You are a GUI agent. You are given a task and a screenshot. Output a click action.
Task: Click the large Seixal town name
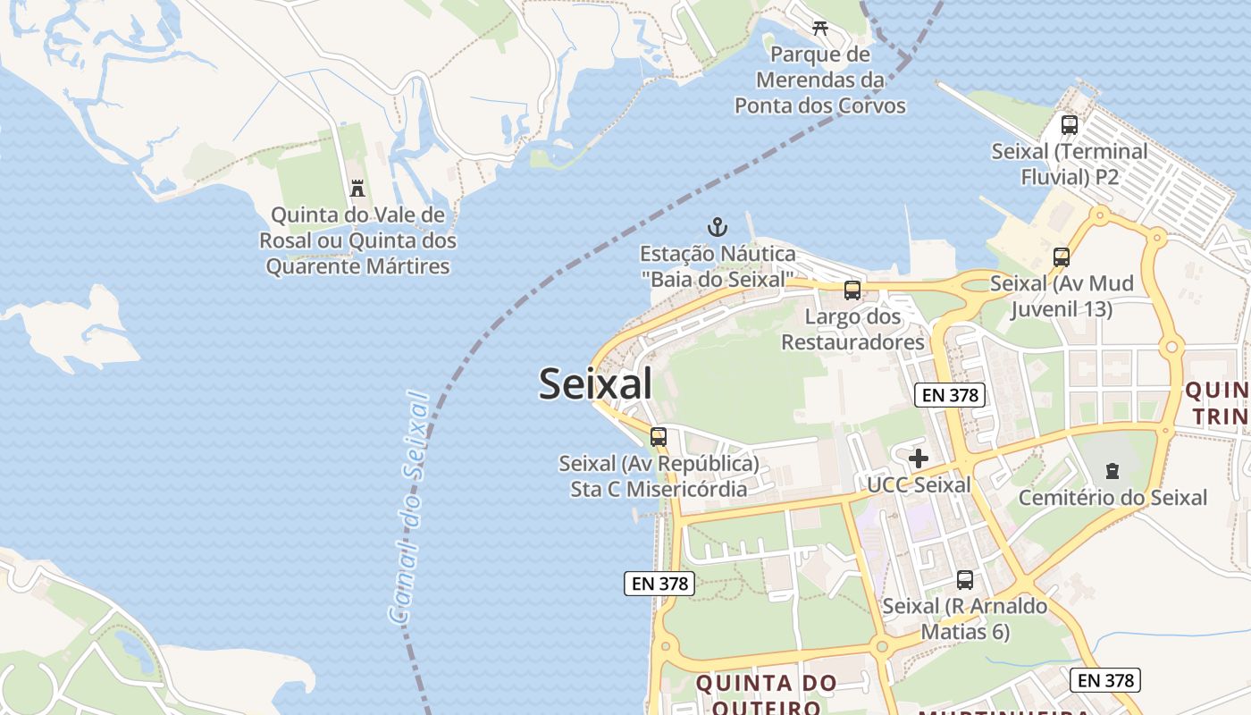(595, 384)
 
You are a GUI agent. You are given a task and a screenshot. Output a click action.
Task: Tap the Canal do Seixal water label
(409, 506)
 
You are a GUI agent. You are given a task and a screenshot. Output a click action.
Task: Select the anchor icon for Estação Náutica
(717, 227)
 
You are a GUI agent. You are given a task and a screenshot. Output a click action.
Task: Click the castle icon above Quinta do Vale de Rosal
(357, 188)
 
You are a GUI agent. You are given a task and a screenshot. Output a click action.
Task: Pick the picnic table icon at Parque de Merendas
(820, 28)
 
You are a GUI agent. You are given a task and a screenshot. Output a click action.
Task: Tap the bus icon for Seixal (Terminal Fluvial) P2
(1070, 125)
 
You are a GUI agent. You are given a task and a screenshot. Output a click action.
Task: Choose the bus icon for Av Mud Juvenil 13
(1061, 257)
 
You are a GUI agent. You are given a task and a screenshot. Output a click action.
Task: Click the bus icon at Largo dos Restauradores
(852, 290)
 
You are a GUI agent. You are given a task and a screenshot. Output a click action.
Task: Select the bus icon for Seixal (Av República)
(659, 437)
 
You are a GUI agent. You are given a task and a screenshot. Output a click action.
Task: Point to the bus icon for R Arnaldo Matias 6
(965, 579)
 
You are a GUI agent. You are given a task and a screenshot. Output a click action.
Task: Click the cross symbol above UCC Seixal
(919, 458)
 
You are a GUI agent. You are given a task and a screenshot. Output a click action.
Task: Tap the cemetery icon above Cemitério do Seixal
(1112, 470)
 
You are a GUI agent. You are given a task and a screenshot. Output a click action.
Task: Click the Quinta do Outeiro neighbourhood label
(766, 694)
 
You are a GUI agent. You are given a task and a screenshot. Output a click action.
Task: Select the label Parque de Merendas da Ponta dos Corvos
(820, 80)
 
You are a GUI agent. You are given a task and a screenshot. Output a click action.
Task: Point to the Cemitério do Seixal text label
(1112, 498)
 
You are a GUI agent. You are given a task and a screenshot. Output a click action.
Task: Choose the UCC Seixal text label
(919, 485)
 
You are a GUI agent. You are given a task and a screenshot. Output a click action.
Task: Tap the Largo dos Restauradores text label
(852, 329)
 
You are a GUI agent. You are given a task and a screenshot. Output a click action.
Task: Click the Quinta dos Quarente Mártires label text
(357, 254)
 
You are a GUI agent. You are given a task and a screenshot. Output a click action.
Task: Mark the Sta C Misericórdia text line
(659, 489)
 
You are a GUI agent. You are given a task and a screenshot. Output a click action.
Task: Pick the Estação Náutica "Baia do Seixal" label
(718, 266)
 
